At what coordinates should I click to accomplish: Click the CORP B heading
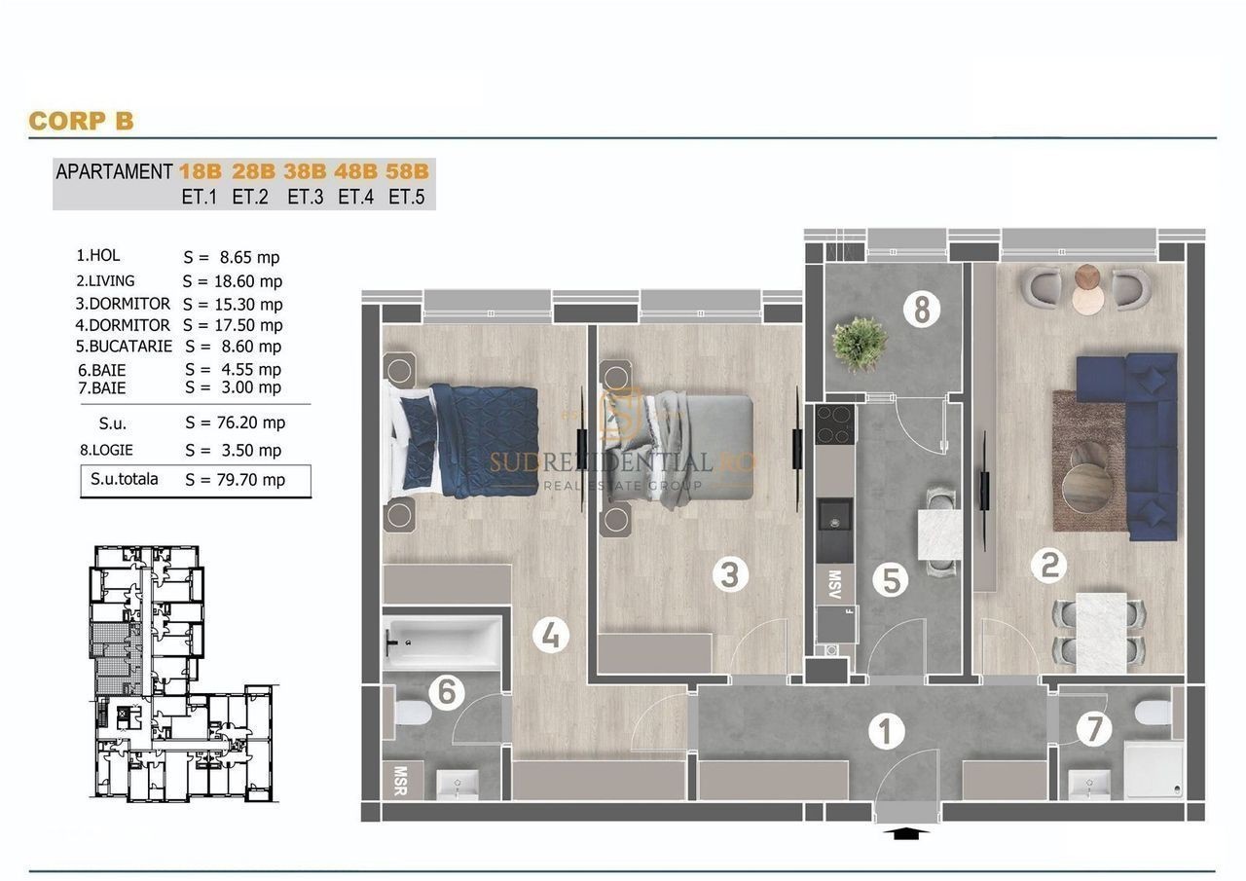click(81, 121)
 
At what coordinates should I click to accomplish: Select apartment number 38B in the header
click(305, 171)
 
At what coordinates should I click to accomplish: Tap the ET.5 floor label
click(407, 197)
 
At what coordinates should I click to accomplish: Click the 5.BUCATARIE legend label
click(124, 346)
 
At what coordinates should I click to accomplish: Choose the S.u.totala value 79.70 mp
click(251, 479)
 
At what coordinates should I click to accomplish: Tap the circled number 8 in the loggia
click(922, 309)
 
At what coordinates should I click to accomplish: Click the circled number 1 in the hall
click(886, 731)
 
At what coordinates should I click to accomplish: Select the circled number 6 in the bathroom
click(447, 692)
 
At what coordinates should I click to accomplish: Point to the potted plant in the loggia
click(860, 344)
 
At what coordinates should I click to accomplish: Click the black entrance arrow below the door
click(906, 833)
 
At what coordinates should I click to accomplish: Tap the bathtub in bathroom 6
click(443, 642)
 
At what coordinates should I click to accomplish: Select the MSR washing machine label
click(400, 781)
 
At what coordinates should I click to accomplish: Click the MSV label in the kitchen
click(834, 584)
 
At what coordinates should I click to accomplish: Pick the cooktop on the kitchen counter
click(835, 423)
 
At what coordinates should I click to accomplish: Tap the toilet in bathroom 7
click(1153, 713)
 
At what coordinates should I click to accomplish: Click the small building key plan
click(184, 674)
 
